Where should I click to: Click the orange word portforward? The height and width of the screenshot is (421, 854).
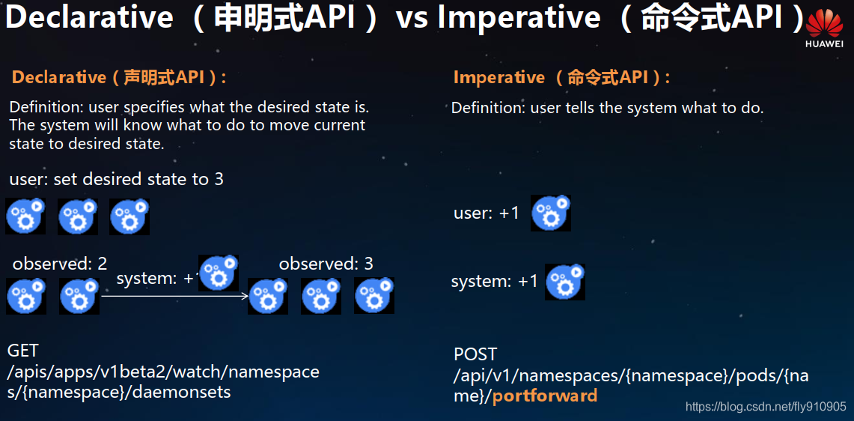tap(545, 396)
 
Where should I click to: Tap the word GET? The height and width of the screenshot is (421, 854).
tap(22, 351)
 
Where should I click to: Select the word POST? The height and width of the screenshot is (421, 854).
tap(475, 354)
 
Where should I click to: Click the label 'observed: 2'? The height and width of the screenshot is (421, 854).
tap(60, 264)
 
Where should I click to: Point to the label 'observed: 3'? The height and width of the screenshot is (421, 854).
tap(326, 264)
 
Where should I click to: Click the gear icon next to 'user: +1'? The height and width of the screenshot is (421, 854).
tap(551, 213)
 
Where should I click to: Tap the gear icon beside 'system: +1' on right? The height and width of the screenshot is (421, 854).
tap(565, 282)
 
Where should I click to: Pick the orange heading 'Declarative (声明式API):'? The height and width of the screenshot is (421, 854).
tap(119, 77)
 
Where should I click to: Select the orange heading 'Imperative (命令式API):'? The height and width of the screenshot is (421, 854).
tap(561, 77)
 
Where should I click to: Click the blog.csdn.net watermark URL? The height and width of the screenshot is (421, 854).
tap(766, 407)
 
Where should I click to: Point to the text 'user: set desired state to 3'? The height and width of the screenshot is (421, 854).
tap(116, 179)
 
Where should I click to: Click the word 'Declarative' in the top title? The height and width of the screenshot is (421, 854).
tap(89, 18)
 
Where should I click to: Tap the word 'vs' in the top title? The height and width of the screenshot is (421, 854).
tap(413, 18)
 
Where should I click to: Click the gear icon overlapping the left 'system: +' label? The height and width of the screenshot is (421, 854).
tap(219, 273)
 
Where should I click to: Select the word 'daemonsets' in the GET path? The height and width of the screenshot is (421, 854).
tap(191, 392)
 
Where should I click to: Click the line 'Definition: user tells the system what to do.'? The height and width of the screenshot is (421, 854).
tap(607, 108)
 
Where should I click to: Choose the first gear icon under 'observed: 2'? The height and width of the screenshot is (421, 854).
tap(26, 296)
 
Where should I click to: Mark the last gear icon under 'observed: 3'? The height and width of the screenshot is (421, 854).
tap(374, 296)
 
